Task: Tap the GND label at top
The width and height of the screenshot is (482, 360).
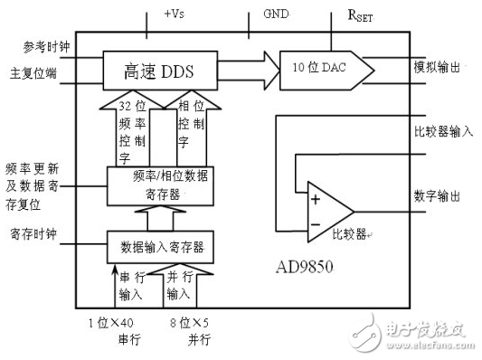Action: pyautogui.click(x=277, y=15)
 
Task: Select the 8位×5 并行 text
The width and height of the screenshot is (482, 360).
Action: pyautogui.click(x=193, y=331)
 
